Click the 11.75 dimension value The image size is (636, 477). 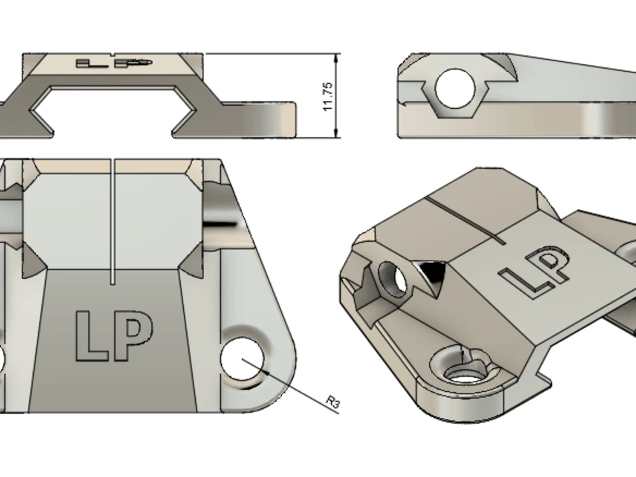[328, 96]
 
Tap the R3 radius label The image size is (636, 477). [333, 401]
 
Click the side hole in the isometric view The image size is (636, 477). [392, 278]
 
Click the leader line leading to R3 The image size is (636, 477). [293, 387]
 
